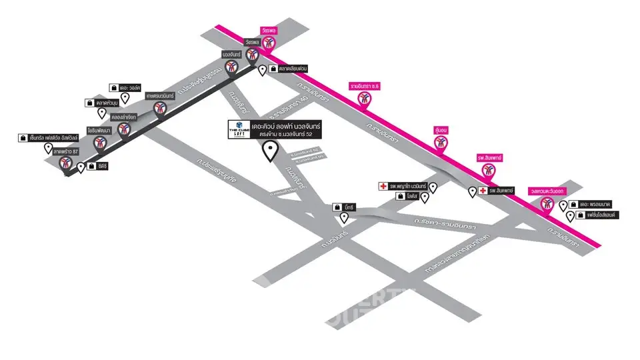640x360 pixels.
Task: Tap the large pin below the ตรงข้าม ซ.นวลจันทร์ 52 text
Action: (x=270, y=152)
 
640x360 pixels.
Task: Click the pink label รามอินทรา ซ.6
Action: (x=364, y=87)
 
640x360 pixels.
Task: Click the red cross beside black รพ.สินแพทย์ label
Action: (x=482, y=191)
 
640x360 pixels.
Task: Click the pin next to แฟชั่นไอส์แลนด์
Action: (x=570, y=216)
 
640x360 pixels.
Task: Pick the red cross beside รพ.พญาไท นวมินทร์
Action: (x=383, y=186)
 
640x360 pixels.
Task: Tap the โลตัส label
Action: (x=411, y=197)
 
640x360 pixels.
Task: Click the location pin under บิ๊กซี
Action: (x=344, y=217)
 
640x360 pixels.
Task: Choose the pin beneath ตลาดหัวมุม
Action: (x=102, y=113)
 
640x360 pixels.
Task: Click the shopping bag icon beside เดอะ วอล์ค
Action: (x=114, y=87)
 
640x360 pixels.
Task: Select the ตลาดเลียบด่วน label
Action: (x=293, y=69)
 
